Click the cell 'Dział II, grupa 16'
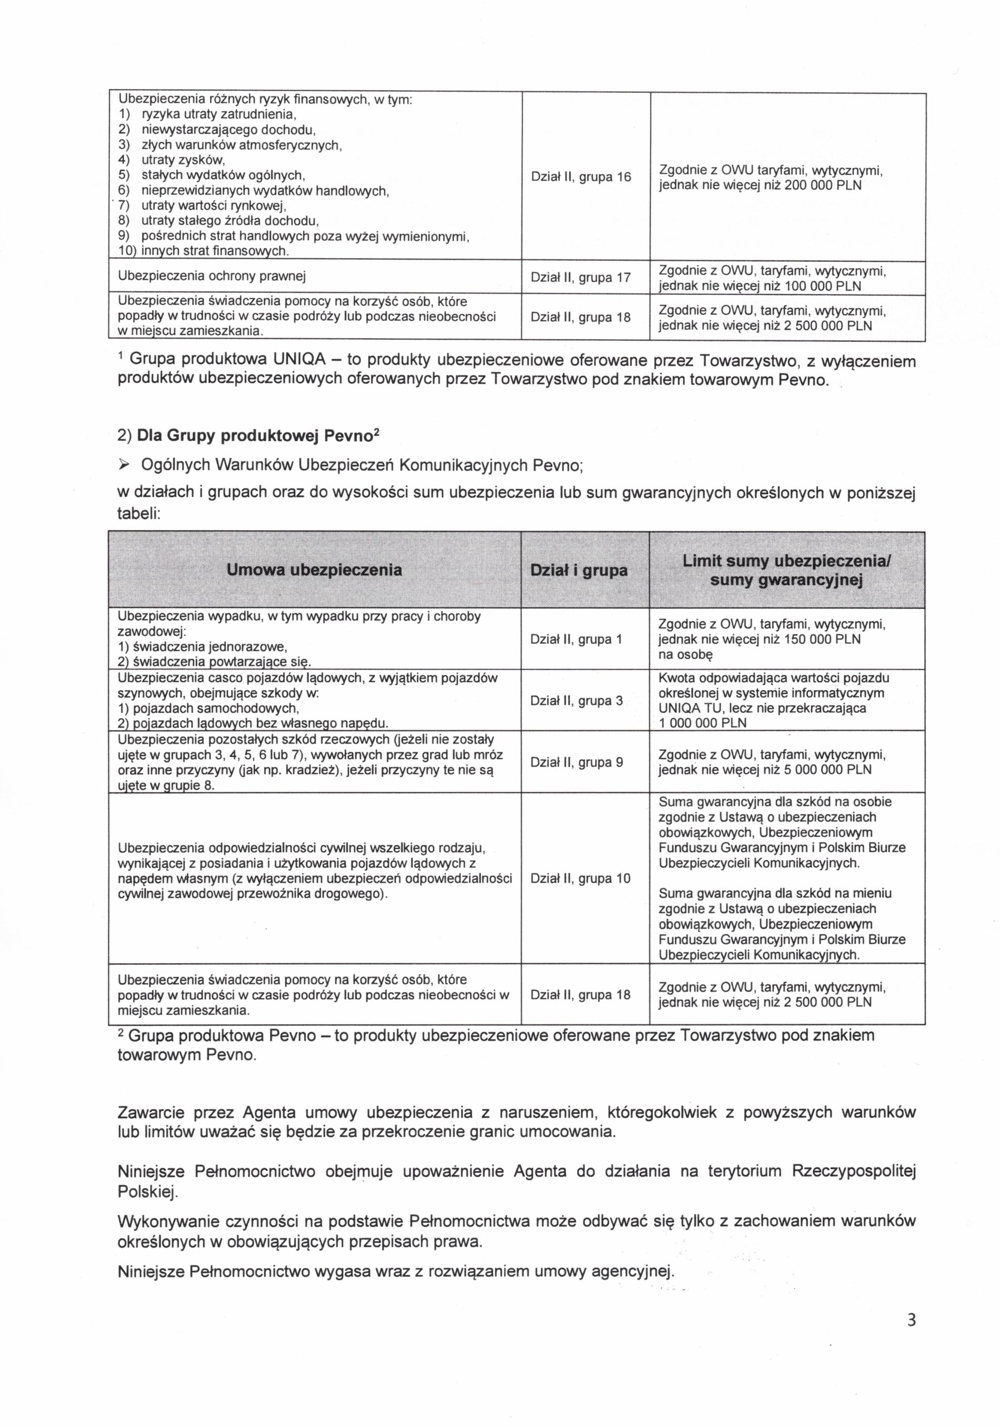(x=580, y=177)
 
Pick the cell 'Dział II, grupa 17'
(x=580, y=277)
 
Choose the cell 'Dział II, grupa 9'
(x=577, y=762)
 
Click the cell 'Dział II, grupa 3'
(x=577, y=701)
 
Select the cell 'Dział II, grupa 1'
(x=576, y=639)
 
